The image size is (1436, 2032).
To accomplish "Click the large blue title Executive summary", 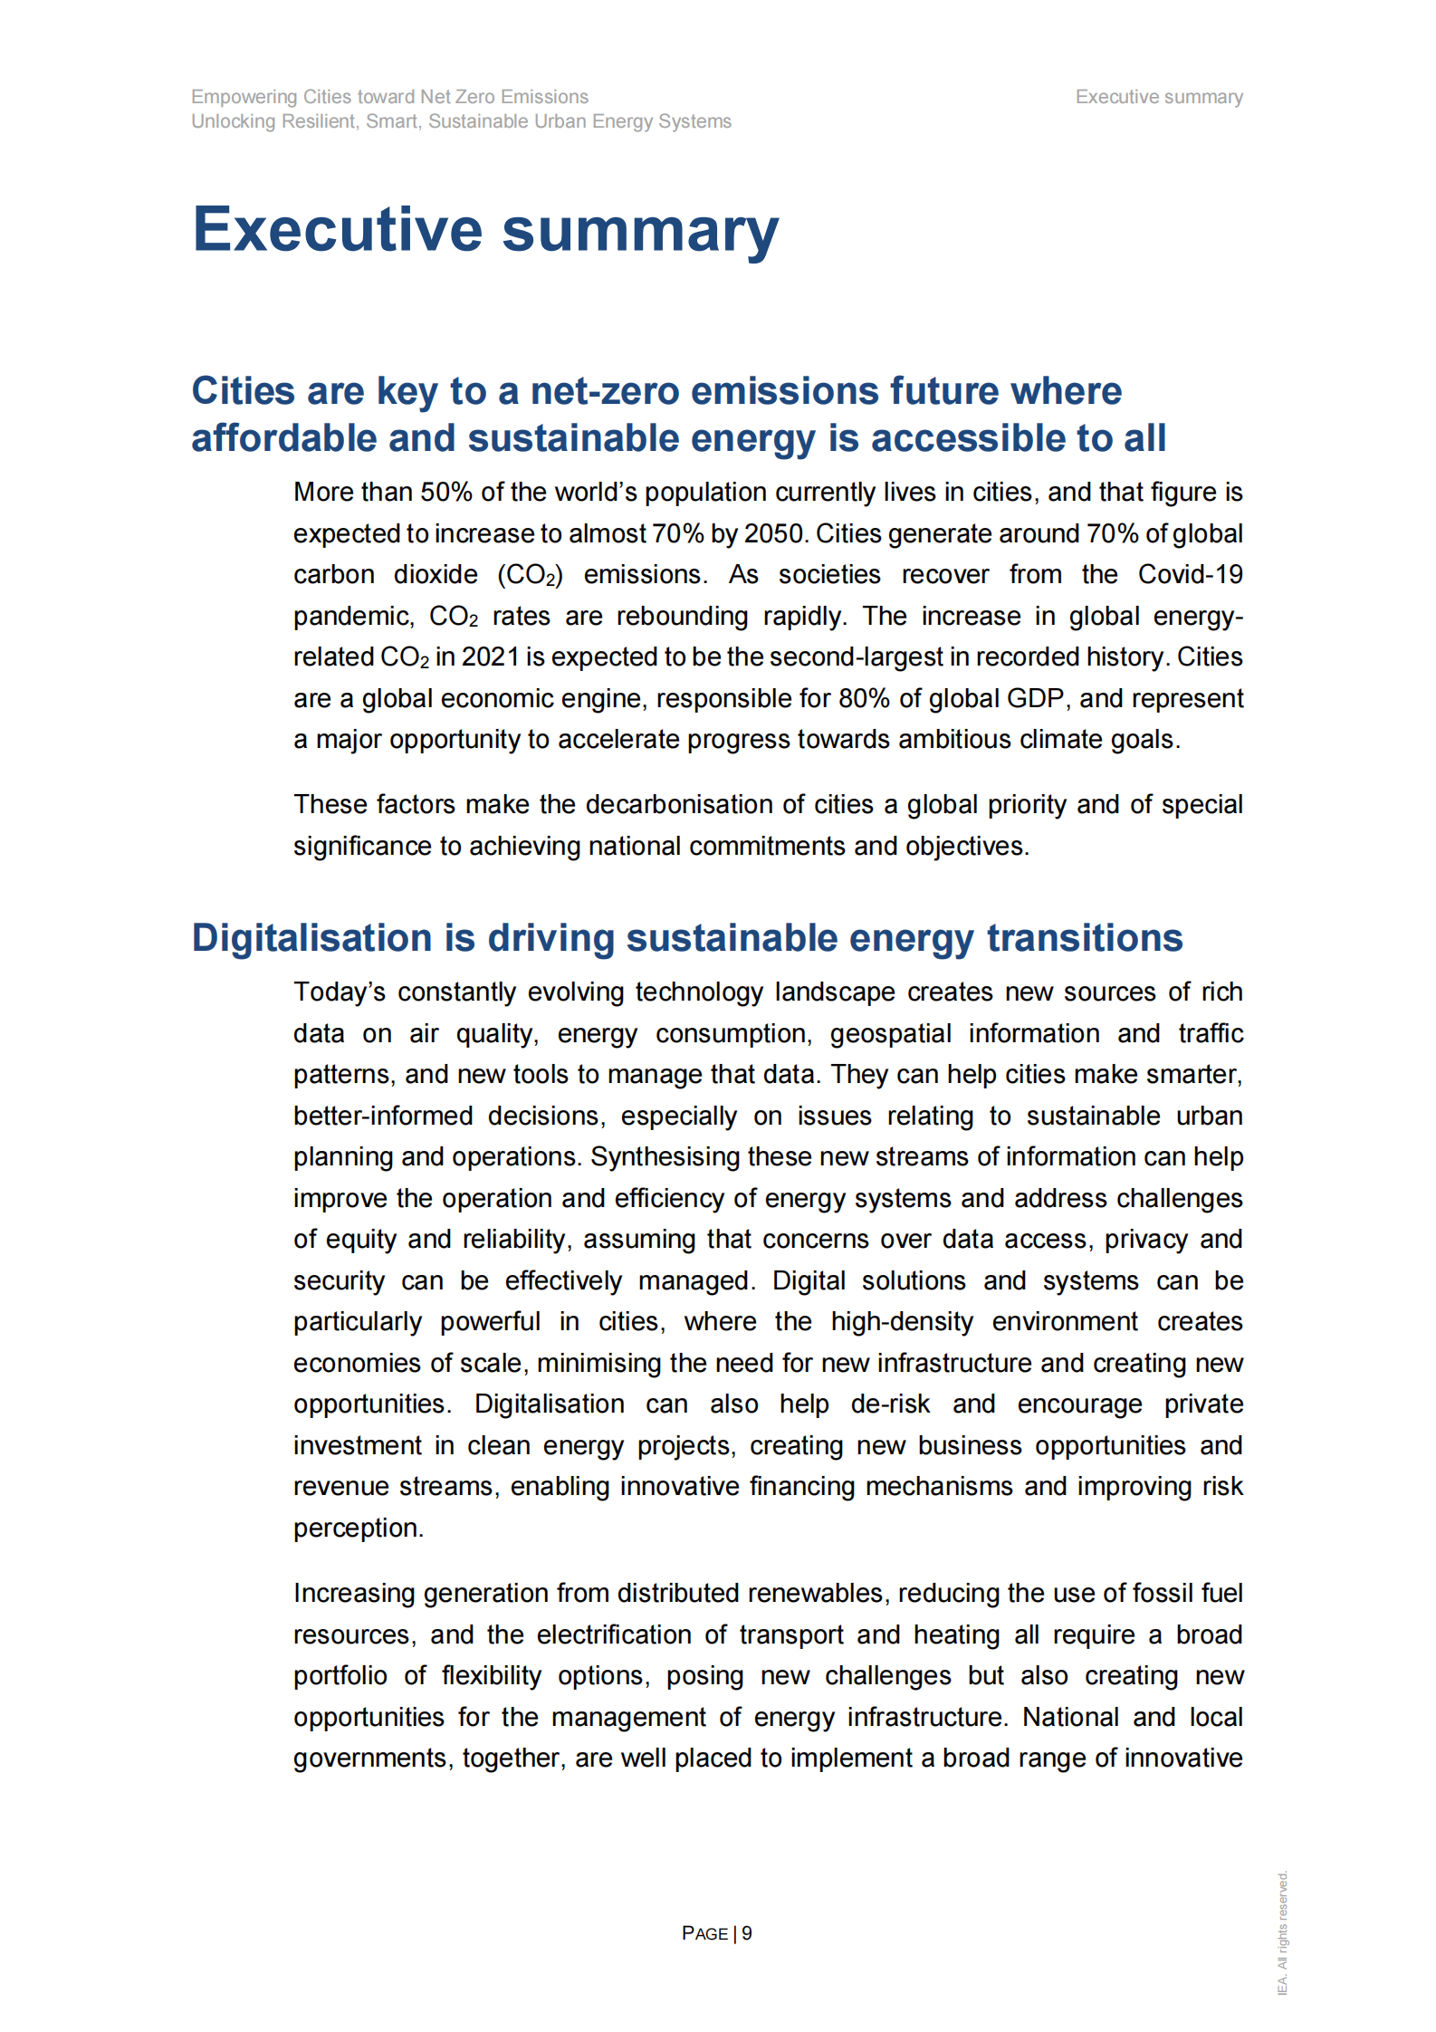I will [485, 230].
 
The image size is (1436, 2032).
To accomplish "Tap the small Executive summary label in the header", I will [1158, 97].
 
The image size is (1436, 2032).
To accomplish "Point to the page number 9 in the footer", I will [747, 1933].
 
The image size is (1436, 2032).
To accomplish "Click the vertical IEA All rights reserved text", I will [1282, 1932].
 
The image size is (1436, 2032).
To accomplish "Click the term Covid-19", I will [1190, 575].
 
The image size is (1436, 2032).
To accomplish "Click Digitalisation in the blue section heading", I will [311, 938].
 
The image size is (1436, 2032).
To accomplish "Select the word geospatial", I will [890, 1034].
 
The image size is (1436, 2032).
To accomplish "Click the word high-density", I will [902, 1322].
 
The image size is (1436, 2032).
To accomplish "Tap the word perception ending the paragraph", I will [357, 1529].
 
